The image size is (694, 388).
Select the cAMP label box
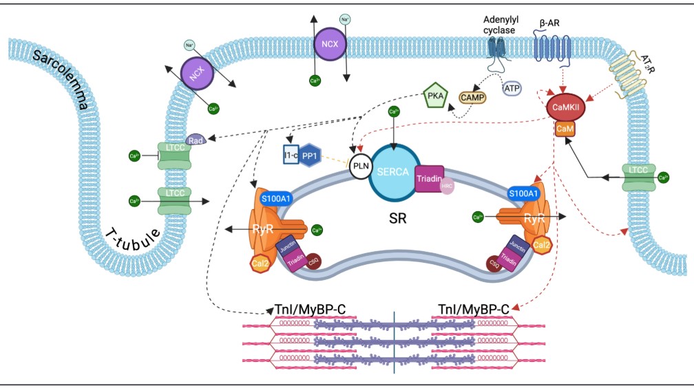473,97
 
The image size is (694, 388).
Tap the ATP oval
512,88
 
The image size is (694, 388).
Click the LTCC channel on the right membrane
638,177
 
